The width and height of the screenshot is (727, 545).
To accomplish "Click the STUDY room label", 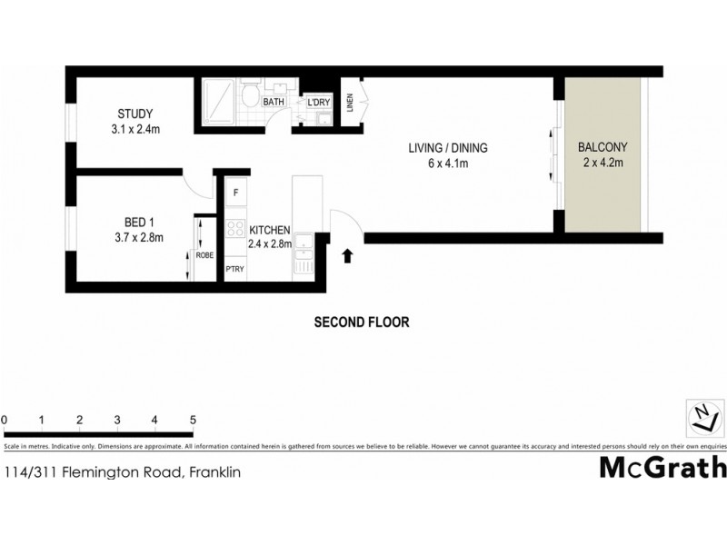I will pyautogui.click(x=134, y=114).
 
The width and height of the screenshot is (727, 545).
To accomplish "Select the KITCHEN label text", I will pyautogui.click(x=270, y=230).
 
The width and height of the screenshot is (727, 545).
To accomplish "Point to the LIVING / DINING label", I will pyautogui.click(x=448, y=149).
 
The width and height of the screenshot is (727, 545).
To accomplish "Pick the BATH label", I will pyautogui.click(x=274, y=103).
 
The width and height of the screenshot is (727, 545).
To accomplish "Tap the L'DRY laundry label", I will pyautogui.click(x=318, y=103).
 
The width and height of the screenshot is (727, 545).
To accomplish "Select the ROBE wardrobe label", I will pyautogui.click(x=205, y=255).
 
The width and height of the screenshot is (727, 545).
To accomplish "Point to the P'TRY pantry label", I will pyautogui.click(x=235, y=269).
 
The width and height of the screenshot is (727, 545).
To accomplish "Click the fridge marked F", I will pyautogui.click(x=235, y=193).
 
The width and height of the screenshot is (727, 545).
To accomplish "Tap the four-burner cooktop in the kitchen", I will pyautogui.click(x=235, y=227).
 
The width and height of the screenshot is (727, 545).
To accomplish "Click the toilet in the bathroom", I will pyautogui.click(x=248, y=94).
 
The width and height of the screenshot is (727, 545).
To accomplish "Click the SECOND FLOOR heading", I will pyautogui.click(x=362, y=322).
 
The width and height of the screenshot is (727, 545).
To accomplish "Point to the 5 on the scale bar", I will pyautogui.click(x=193, y=420).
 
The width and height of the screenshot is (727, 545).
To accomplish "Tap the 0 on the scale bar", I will pyautogui.click(x=5, y=420).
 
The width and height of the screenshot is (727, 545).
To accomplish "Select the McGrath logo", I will pyautogui.click(x=662, y=467).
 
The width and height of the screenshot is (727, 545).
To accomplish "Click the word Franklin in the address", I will pyautogui.click(x=215, y=472).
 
